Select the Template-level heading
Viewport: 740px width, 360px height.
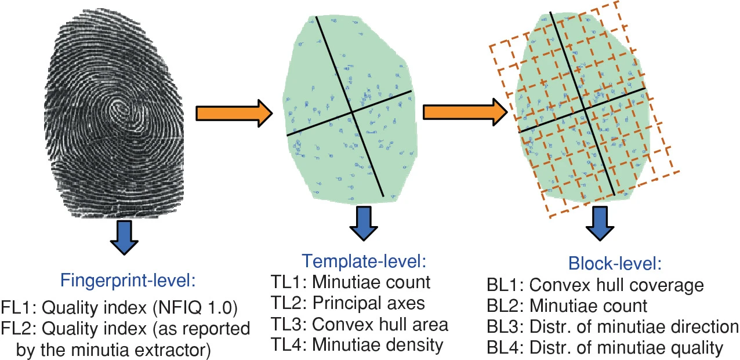pos(364,261)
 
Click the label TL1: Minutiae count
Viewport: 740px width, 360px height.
pos(350,282)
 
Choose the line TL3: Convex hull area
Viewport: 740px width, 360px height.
pos(360,324)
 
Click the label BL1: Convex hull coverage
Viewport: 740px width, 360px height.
pos(596,285)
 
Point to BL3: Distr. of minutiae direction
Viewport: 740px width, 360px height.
pos(612,326)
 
